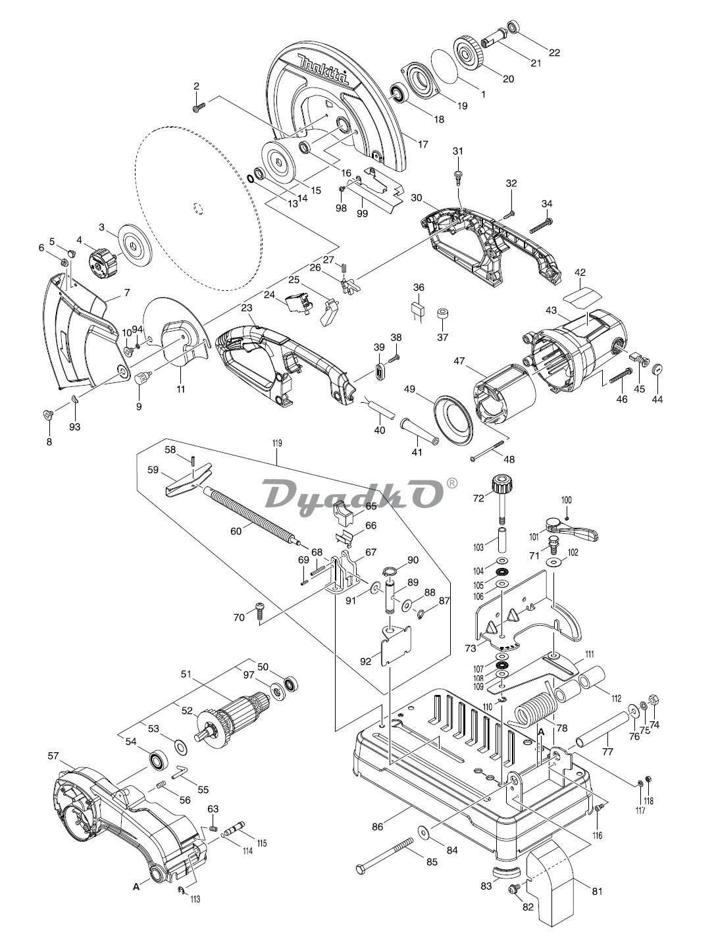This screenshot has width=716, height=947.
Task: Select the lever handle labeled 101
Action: pyautogui.click(x=572, y=528)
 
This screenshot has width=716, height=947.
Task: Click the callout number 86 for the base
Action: pyautogui.click(x=377, y=827)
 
